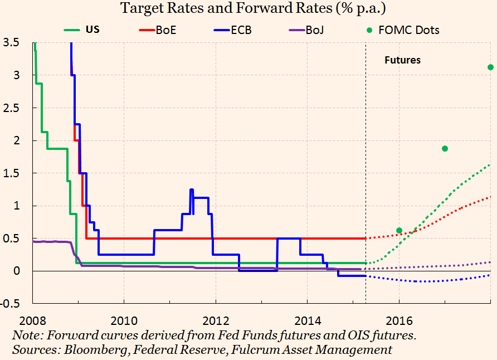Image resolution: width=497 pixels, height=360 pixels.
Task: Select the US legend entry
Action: coord(89,30)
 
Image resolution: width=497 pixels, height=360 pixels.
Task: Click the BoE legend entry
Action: coord(165,30)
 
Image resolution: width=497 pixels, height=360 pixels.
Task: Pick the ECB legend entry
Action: coord(241,30)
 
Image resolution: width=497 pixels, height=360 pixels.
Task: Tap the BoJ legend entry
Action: coord(314,30)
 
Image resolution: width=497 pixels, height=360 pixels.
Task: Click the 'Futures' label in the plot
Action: coord(402,60)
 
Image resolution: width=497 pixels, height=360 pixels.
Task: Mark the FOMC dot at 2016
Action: coord(399,230)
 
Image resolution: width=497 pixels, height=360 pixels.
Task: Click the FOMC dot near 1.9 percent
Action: coord(445,148)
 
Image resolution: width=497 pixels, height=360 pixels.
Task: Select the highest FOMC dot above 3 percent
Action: coord(490,67)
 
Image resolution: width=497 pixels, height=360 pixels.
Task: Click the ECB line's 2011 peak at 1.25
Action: coord(192,190)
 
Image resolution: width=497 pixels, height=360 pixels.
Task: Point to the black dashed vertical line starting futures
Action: coord(366,167)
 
